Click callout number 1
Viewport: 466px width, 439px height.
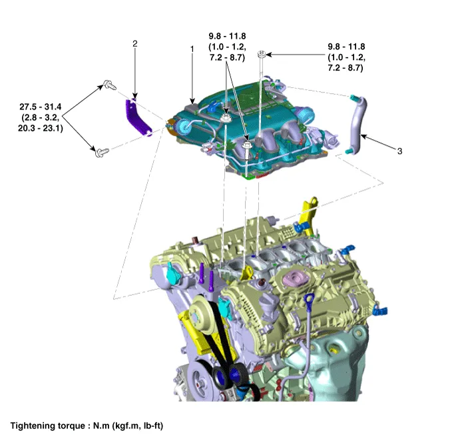(192, 49)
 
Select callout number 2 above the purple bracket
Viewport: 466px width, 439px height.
(135, 43)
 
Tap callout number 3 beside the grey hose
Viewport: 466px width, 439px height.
(399, 151)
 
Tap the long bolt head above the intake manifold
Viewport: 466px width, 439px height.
(264, 53)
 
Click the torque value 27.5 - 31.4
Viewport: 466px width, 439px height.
(42, 107)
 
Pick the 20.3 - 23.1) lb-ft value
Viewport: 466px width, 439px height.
(42, 129)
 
